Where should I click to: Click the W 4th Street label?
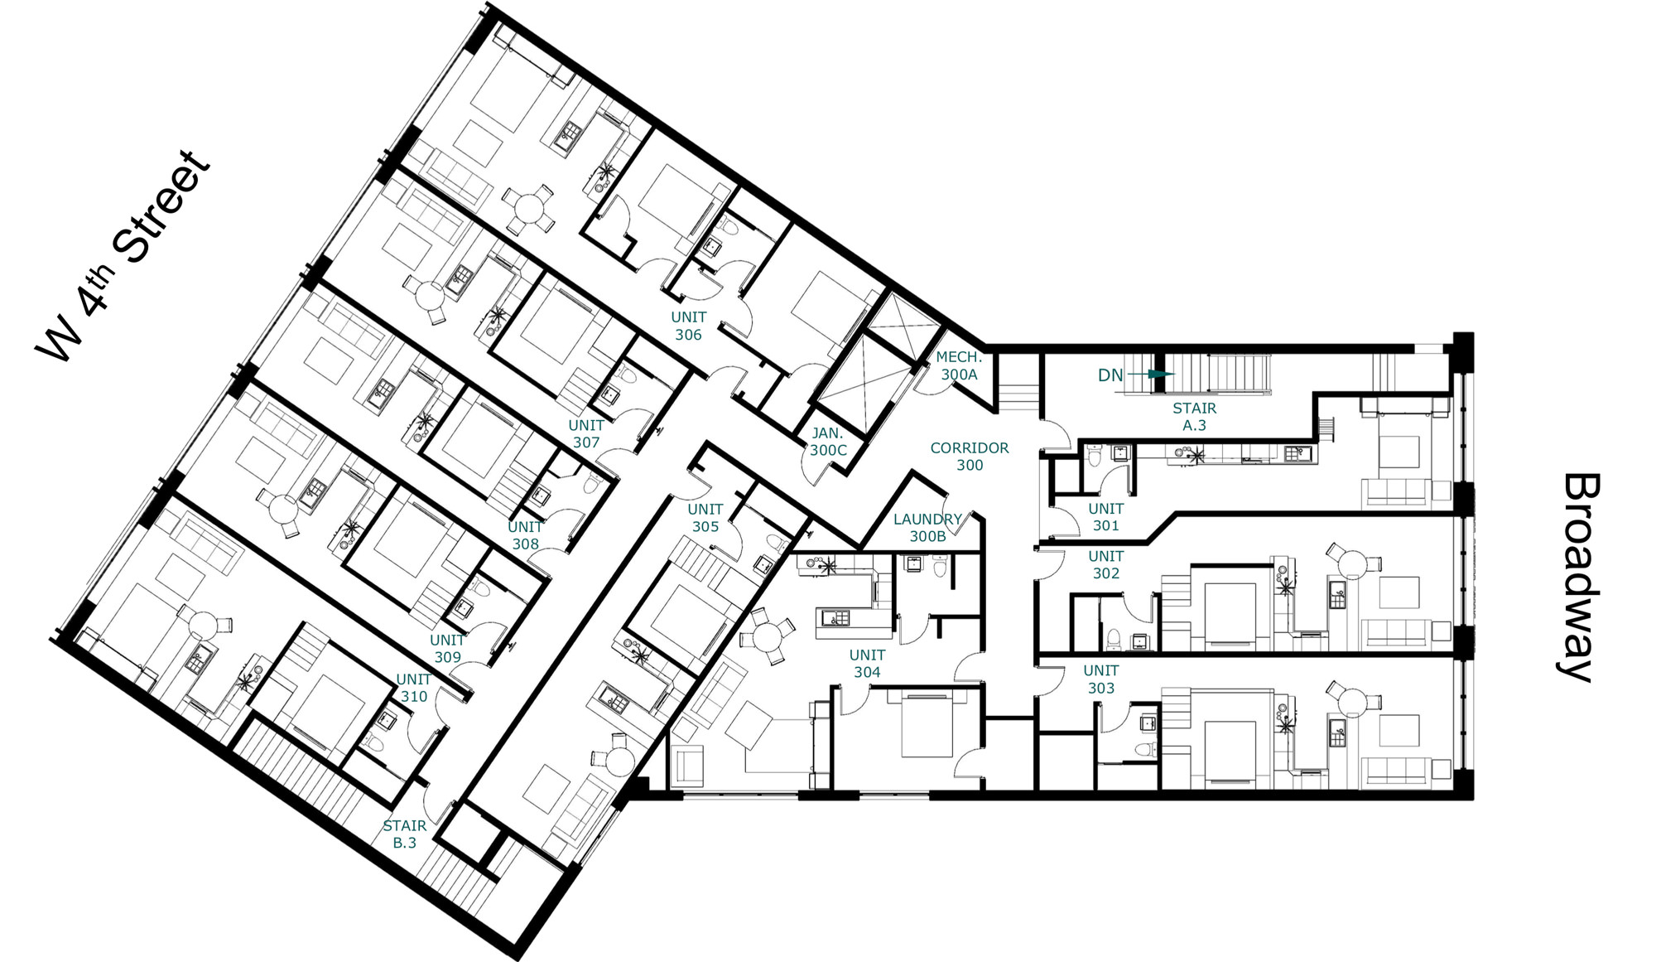[123, 255]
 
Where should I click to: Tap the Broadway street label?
[1581, 577]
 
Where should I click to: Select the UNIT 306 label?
[688, 326]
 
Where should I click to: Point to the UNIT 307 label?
[586, 433]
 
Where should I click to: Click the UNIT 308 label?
[525, 535]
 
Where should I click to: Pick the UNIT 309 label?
[447, 648]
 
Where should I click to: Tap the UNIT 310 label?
[413, 688]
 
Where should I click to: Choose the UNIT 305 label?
[705, 518]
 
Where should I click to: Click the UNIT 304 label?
[867, 664]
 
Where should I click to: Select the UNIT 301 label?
[1106, 517]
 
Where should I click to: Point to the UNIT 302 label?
[1106, 564]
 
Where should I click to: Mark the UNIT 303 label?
[1101, 679]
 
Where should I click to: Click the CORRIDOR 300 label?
[970, 457]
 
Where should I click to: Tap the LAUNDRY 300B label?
[927, 528]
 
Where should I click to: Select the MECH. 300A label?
[959, 365]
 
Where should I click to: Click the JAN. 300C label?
[828, 442]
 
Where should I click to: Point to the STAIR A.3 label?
[1195, 417]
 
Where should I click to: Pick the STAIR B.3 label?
[405, 834]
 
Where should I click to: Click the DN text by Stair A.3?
[1110, 375]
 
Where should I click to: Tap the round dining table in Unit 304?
[768, 636]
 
